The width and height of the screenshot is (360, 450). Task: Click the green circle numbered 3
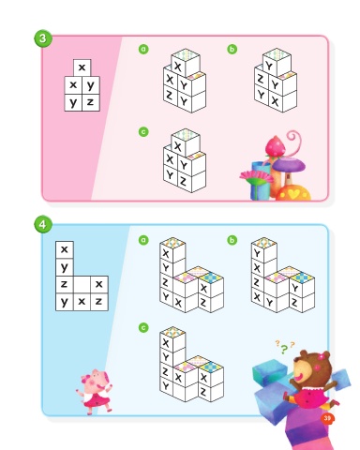pos(43,38)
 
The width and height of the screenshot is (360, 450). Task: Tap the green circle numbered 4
pos(43,224)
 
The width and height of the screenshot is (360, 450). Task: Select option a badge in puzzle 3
pos(143,49)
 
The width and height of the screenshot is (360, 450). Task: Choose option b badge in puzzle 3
pos(232,49)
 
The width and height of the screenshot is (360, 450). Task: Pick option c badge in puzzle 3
pos(143,131)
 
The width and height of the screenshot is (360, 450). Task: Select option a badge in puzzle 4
pos(143,240)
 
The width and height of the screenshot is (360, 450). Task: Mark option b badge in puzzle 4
pos(232,240)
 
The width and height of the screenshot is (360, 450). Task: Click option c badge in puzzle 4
pos(143,327)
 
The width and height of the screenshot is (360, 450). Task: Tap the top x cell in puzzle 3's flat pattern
pos(82,67)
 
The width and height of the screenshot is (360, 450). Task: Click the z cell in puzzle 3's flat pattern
pos(91,102)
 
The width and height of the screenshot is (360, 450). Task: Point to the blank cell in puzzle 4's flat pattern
pos(82,284)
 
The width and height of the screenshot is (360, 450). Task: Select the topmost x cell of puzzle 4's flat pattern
pos(65,249)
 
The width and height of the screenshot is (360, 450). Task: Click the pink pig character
pos(95,392)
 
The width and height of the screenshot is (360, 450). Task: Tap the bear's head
pos(311,366)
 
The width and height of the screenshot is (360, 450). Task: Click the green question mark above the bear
pos(283,349)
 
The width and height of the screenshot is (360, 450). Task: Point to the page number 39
pos(327,418)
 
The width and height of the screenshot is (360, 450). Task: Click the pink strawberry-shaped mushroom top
pos(276,145)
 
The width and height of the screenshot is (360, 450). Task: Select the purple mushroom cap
pos(288,164)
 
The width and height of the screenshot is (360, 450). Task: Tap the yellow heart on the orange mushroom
pos(293,194)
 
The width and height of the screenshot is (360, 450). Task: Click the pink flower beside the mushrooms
pos(257,177)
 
